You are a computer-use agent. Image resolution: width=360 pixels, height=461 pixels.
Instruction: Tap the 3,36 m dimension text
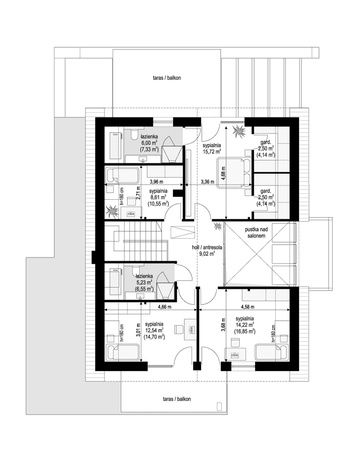click(207, 182)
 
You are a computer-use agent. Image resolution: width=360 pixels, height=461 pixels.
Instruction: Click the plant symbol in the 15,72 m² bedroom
click(240, 132)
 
